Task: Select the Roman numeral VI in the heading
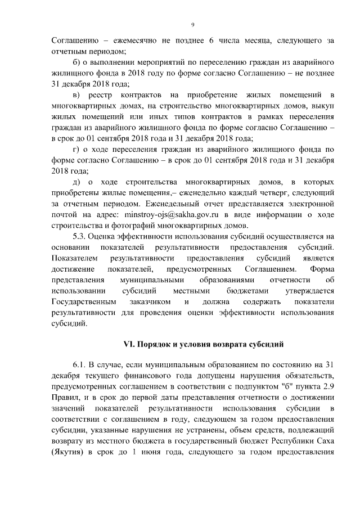click(x=127, y=343)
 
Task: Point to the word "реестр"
click(x=111, y=94)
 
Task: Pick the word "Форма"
click(x=322, y=269)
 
